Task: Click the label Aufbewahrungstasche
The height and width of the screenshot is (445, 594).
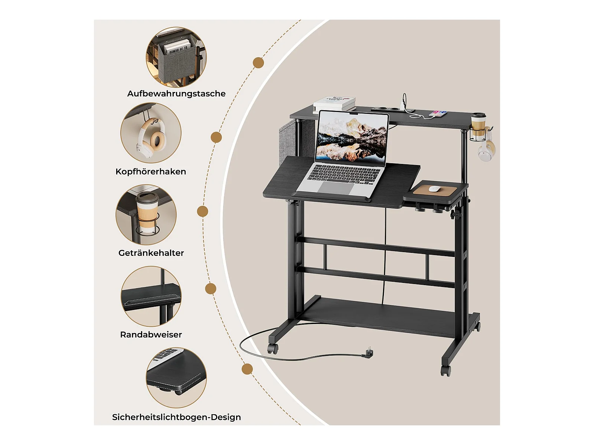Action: (x=176, y=93)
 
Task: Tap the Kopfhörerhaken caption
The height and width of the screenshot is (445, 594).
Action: (x=151, y=172)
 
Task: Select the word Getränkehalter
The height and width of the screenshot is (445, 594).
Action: (x=151, y=253)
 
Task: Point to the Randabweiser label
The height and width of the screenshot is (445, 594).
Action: (x=151, y=334)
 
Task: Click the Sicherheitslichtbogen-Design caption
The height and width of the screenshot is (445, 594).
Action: (x=176, y=417)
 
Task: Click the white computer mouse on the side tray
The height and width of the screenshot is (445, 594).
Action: (x=434, y=189)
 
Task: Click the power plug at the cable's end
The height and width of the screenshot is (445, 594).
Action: (x=370, y=353)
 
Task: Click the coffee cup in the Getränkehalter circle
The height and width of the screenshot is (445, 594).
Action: (x=147, y=211)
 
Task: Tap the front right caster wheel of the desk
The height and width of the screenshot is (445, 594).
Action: (x=446, y=370)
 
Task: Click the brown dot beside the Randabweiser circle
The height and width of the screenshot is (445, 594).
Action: (x=210, y=289)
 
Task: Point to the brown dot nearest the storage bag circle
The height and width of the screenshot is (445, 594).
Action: (x=258, y=63)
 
